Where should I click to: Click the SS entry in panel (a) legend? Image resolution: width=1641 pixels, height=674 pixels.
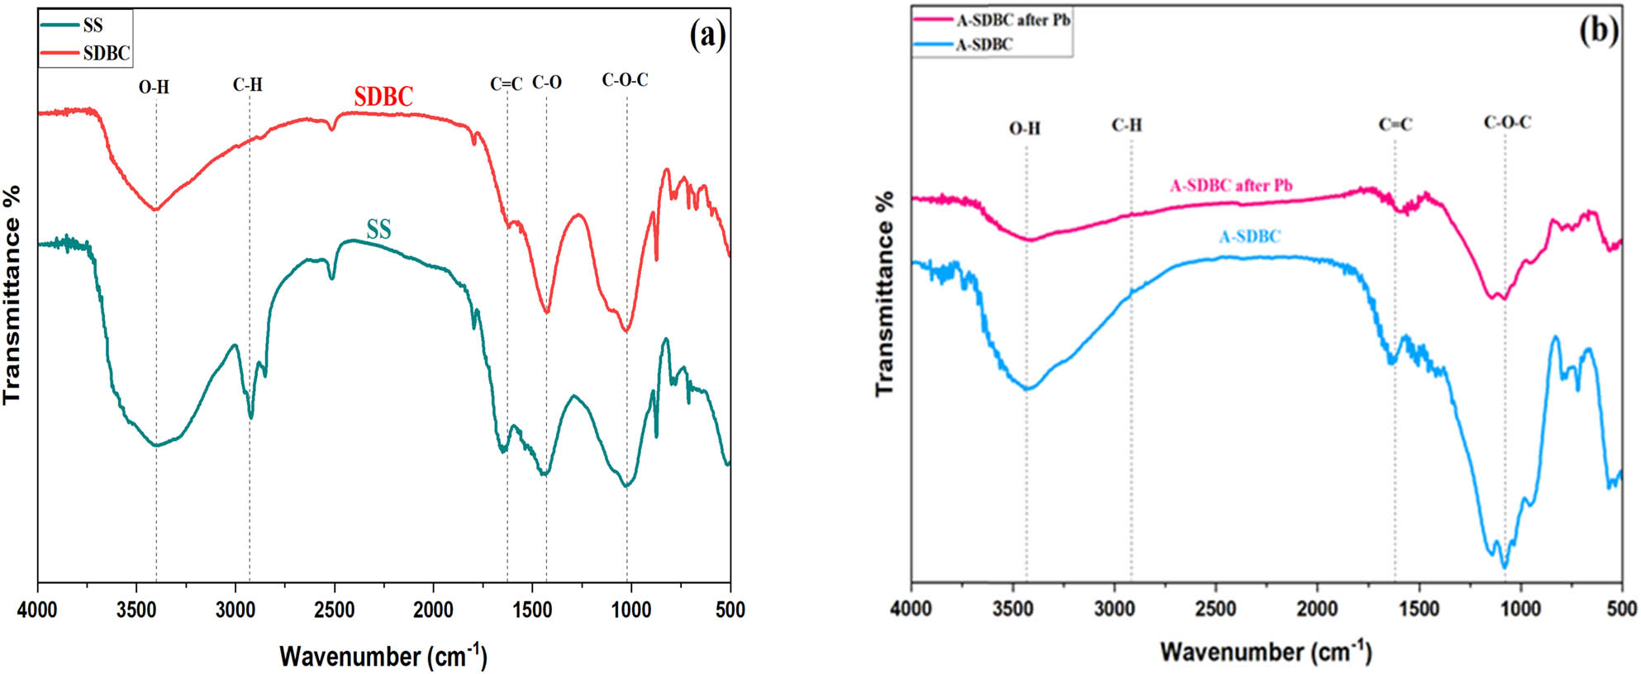point(93,26)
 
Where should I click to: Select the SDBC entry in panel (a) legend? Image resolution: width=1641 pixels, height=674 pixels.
point(106,54)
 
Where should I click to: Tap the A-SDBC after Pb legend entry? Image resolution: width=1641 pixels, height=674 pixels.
point(1012,20)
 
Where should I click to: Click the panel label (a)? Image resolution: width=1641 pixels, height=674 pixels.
point(708,36)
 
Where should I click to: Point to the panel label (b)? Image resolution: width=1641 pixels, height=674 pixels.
point(1598,31)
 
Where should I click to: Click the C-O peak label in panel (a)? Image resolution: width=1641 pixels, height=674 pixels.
point(546,83)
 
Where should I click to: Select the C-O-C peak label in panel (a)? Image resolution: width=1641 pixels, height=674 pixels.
point(625,80)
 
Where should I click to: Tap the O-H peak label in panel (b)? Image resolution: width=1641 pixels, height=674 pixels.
point(1025,128)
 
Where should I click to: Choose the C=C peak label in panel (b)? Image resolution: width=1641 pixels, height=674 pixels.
point(1395,125)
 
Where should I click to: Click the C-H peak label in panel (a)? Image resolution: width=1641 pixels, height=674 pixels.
point(247,84)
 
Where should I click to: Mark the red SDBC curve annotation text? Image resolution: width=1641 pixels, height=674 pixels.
point(383,97)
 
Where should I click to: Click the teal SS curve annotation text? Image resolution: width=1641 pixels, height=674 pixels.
point(378,230)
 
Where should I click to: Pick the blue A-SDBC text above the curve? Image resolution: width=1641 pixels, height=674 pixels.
point(1249,237)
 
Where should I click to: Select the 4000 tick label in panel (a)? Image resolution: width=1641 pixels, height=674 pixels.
point(38,610)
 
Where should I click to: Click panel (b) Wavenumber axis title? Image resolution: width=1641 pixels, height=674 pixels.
point(1265,652)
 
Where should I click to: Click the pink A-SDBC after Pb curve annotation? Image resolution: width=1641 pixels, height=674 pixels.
point(1230,186)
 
